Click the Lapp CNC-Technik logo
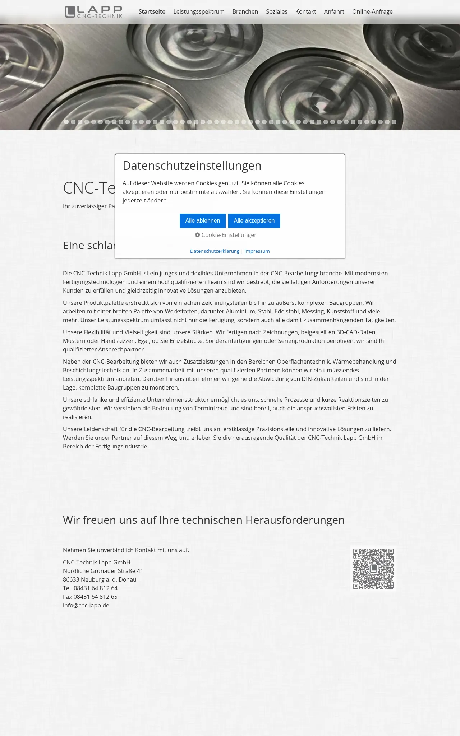[x=93, y=11]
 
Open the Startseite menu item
[x=152, y=11]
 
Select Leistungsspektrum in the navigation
[x=199, y=11]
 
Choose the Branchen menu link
[x=245, y=11]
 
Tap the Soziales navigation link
[x=277, y=11]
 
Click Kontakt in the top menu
[x=306, y=11]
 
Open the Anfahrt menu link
[x=334, y=11]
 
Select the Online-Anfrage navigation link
[x=372, y=11]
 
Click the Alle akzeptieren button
[x=254, y=221]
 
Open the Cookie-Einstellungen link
[x=229, y=235]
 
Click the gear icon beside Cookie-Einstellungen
[x=198, y=235]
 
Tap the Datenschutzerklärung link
[x=215, y=251]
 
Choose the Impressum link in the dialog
[x=257, y=251]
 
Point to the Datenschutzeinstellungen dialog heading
[x=192, y=166]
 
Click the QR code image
[x=373, y=568]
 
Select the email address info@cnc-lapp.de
[x=86, y=605]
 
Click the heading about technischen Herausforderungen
[x=203, y=520]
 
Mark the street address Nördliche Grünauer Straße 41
[x=103, y=571]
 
